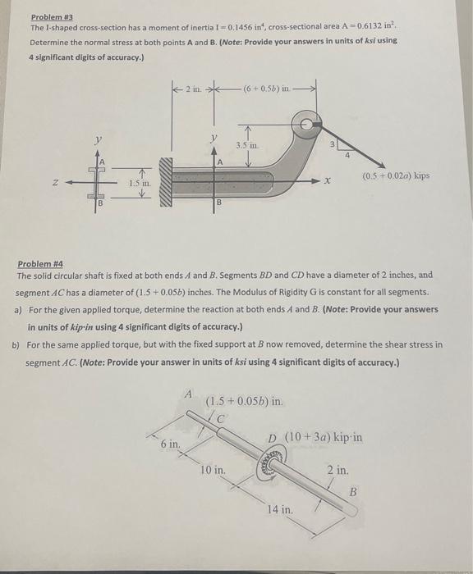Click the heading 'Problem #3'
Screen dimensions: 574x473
48,16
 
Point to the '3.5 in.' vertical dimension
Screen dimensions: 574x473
247,144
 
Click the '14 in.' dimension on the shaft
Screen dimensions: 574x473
279,509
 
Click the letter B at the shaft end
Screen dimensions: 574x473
354,492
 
